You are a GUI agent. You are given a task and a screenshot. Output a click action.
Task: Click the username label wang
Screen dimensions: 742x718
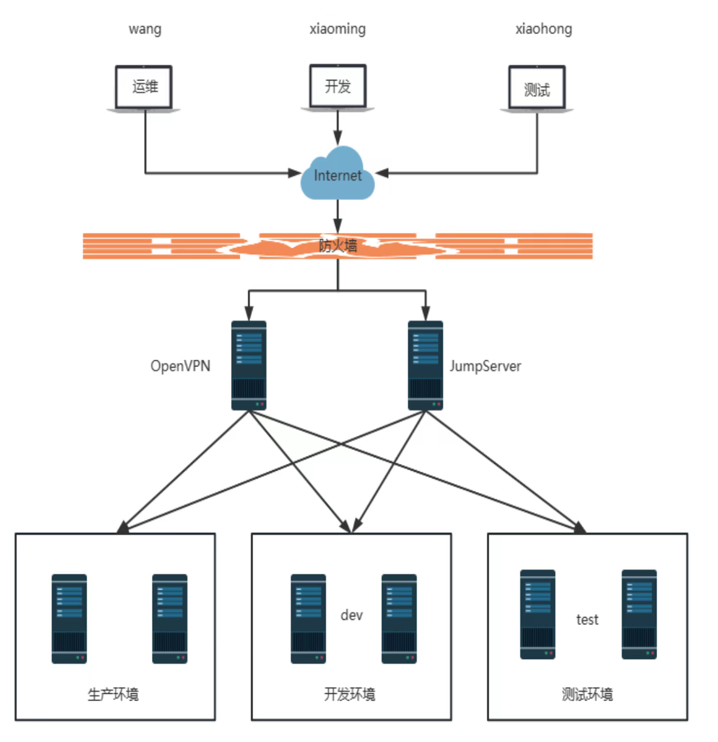(x=145, y=29)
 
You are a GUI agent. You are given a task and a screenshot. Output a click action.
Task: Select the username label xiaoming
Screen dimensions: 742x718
(x=337, y=29)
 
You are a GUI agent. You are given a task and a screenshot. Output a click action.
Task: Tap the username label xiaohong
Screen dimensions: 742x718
(x=544, y=29)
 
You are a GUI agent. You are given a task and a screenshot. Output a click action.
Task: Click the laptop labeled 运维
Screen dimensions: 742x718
(x=144, y=88)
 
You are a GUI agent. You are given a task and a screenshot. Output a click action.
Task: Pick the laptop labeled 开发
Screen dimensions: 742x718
(x=337, y=88)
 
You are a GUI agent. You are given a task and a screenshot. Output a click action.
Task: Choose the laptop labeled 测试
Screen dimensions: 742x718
(x=537, y=89)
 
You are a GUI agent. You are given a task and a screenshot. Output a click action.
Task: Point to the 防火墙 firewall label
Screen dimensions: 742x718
(x=337, y=246)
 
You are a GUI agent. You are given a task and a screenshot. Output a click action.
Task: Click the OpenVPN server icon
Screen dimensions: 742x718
(x=249, y=365)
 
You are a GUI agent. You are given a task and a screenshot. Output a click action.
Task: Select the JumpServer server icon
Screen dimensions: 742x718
(x=425, y=365)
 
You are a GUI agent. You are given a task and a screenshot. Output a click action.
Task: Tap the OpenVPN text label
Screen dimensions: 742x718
(x=181, y=366)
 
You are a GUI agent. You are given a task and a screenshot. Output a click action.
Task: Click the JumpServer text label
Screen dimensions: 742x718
(x=486, y=366)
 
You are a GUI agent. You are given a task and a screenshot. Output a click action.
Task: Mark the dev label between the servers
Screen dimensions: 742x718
(x=351, y=615)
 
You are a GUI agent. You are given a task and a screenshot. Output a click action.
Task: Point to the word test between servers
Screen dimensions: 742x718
(x=587, y=619)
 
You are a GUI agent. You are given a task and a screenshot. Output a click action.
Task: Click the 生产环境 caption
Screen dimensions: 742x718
(x=113, y=694)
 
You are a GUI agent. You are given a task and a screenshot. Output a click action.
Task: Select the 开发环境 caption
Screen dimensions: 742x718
(x=350, y=694)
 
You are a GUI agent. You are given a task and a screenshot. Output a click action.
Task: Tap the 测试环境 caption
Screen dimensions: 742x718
(x=587, y=694)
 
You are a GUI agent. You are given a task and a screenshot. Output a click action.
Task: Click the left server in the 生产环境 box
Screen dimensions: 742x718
(x=69, y=618)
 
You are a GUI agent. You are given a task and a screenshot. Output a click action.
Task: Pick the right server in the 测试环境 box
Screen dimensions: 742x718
(x=639, y=614)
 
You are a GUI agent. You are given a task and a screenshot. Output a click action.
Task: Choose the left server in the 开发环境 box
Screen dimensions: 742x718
(x=308, y=618)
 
